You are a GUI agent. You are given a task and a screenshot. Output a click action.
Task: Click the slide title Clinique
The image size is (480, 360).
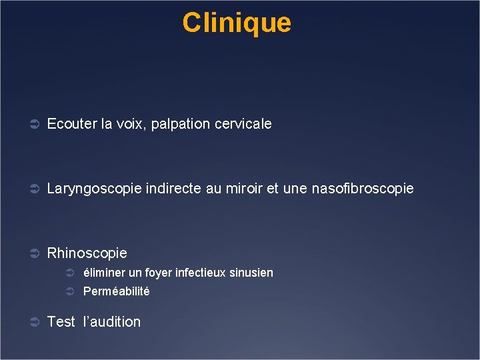point(237,23)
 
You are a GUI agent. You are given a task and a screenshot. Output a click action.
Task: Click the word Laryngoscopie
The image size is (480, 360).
point(94,189)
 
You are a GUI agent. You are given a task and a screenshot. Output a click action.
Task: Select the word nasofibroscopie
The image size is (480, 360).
point(363,189)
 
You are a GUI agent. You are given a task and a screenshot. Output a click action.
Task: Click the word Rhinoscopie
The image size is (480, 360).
point(87,253)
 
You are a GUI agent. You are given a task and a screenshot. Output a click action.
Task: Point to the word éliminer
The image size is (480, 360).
point(103,273)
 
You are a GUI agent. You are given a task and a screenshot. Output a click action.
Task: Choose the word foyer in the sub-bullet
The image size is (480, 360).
point(157,273)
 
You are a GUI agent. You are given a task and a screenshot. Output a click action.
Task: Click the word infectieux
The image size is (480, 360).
point(199,273)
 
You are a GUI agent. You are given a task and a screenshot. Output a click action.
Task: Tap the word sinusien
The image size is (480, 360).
point(251,273)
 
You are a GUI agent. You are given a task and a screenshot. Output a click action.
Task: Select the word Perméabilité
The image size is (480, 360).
point(116,291)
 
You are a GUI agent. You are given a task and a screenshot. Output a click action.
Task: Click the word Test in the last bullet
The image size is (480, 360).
point(61,322)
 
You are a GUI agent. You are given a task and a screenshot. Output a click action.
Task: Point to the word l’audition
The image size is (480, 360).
point(112,322)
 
